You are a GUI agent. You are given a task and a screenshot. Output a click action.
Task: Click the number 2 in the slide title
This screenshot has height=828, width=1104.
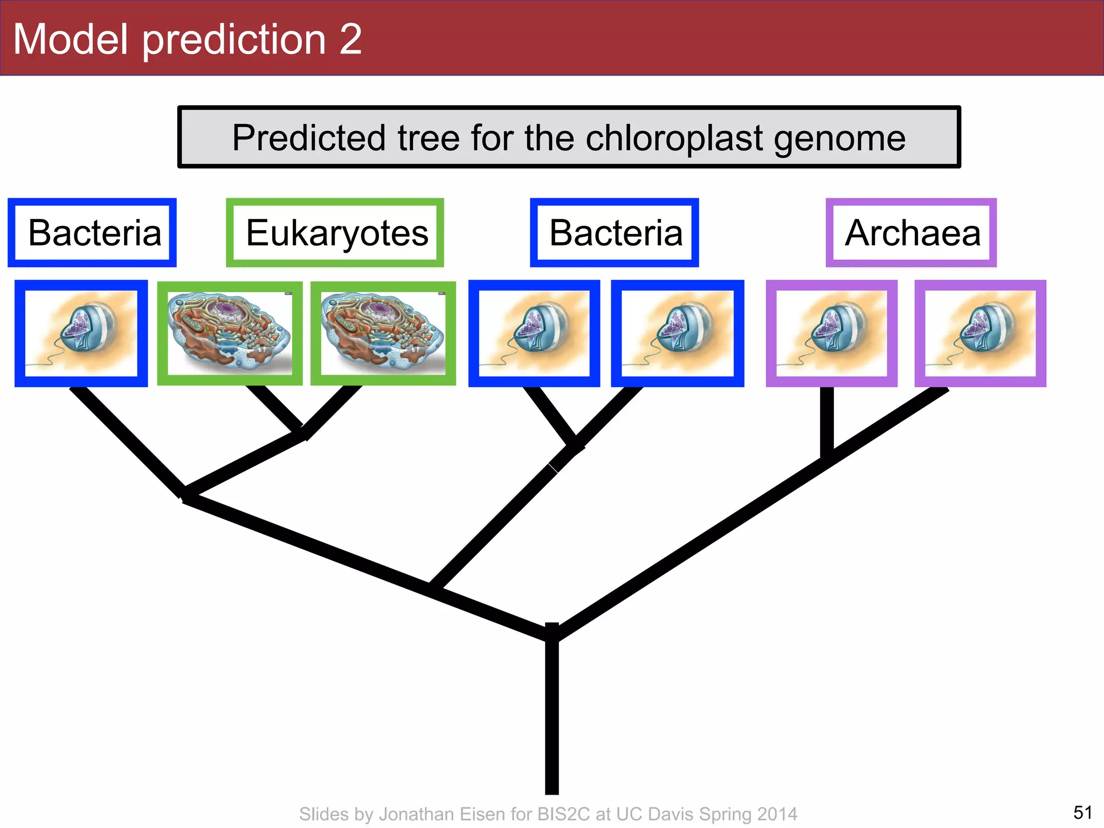[x=350, y=39]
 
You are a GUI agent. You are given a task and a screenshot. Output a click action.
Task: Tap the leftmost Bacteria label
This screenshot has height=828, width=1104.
[x=93, y=233]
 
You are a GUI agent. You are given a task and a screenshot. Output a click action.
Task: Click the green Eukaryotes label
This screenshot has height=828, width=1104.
[x=336, y=233]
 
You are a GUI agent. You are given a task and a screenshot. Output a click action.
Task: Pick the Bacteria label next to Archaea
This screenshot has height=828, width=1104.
[x=615, y=233]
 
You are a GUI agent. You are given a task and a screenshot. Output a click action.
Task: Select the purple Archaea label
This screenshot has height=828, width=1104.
[x=912, y=233]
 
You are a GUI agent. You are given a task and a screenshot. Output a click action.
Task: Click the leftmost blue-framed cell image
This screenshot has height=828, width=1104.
[x=81, y=333]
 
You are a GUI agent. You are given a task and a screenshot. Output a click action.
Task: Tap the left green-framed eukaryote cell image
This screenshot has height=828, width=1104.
[x=230, y=333]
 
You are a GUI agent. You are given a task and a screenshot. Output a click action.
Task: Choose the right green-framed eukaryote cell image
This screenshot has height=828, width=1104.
[x=383, y=333]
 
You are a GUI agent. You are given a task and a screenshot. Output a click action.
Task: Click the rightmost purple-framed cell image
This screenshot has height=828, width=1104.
[x=980, y=333]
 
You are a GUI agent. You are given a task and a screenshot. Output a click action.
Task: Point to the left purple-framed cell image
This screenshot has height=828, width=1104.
[x=831, y=333]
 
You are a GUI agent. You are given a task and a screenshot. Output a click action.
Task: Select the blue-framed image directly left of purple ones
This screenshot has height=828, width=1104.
[x=677, y=333]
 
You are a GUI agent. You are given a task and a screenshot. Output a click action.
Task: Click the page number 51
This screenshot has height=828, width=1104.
[x=1082, y=812]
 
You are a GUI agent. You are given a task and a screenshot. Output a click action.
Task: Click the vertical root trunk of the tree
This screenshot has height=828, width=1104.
[x=551, y=717]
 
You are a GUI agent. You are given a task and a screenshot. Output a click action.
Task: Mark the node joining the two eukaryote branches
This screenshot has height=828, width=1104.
[x=302, y=431]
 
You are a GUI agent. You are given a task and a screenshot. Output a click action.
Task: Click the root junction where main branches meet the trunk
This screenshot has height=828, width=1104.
[x=551, y=633]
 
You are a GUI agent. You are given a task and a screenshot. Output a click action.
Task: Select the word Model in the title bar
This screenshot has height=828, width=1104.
[x=70, y=39]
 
